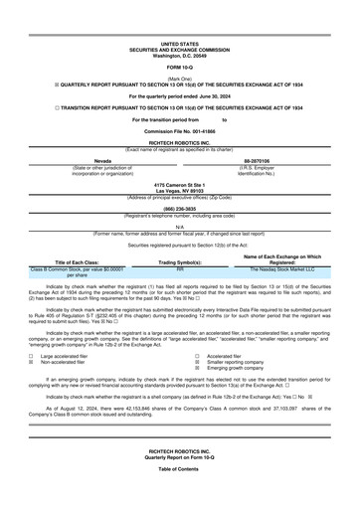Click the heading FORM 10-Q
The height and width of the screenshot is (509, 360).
tap(179, 66)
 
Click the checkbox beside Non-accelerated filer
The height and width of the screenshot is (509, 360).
tap(32, 361)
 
